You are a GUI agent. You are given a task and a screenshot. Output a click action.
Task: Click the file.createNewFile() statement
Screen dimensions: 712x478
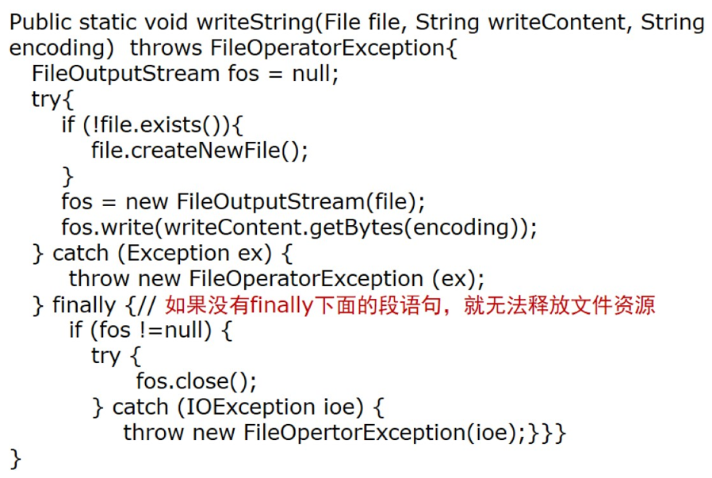tap(199, 151)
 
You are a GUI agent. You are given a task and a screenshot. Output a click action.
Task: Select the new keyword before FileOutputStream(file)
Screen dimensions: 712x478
tap(147, 202)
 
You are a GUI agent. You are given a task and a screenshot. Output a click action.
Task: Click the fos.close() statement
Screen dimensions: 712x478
tap(196, 381)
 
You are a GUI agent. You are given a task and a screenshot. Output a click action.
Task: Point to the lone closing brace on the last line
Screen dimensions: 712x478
tap(15, 458)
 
